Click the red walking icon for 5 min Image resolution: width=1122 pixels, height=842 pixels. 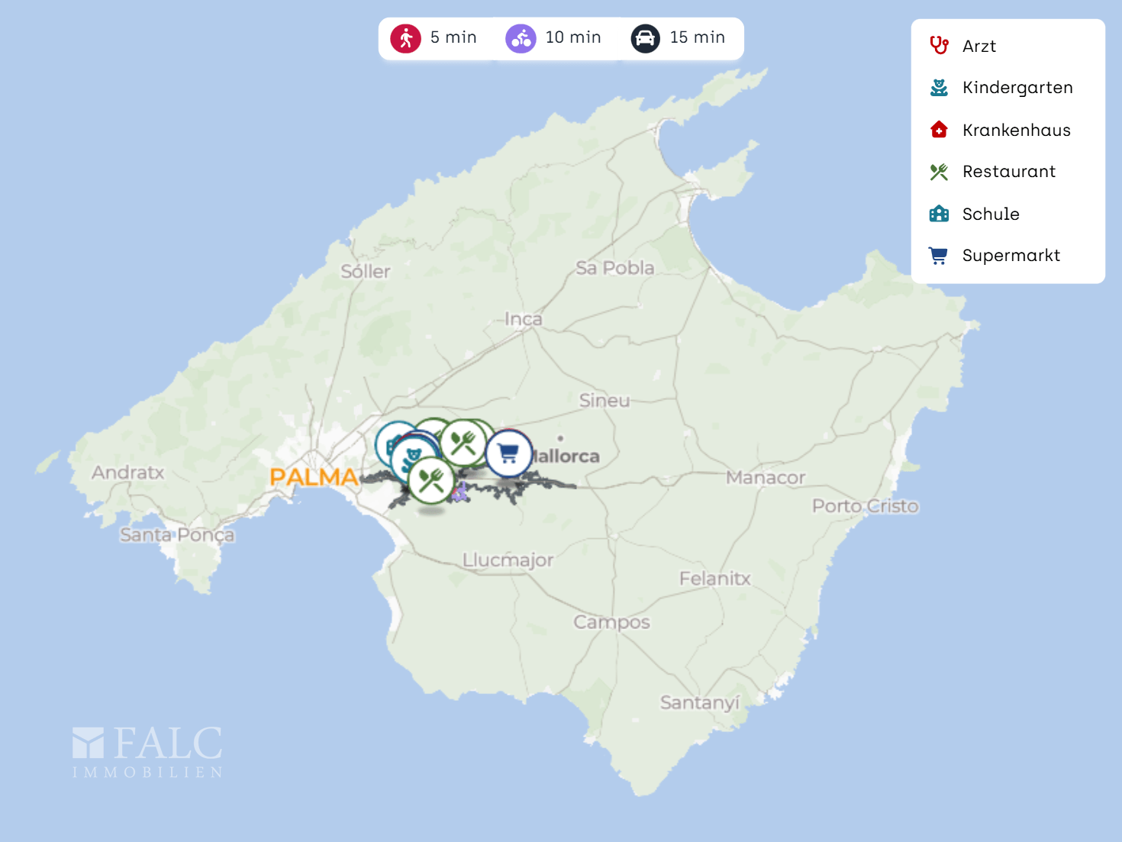[406, 38]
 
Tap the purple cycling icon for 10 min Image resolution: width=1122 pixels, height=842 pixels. [521, 38]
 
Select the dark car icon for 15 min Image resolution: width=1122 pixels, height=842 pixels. [645, 38]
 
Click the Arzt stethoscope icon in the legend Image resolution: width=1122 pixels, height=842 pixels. [939, 46]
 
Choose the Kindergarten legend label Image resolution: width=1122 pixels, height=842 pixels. [1017, 88]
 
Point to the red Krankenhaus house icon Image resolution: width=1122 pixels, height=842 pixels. [939, 130]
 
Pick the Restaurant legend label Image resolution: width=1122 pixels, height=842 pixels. [1009, 172]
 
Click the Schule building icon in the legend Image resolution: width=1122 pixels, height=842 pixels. [939, 214]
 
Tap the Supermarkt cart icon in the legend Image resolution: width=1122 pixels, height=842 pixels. [938, 256]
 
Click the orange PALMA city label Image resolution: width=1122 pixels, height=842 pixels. [314, 477]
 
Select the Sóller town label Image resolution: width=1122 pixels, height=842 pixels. [366, 272]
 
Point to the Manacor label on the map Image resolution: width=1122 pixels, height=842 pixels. [766, 478]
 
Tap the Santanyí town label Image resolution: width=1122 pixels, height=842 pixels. [700, 702]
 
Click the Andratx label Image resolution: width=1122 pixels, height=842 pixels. [128, 473]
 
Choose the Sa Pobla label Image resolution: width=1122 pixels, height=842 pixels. [615, 268]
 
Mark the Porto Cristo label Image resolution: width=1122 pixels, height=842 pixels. [866, 506]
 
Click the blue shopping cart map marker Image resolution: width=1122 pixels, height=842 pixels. [508, 453]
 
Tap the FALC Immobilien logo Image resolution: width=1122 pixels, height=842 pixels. [147, 752]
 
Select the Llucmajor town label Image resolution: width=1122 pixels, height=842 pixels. [508, 560]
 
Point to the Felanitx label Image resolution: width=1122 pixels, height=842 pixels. [715, 579]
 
